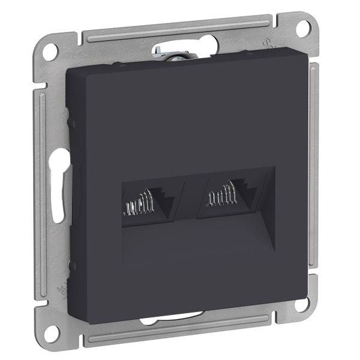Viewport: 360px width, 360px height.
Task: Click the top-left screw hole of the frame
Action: tap(51, 50)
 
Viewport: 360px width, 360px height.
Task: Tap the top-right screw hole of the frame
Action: tap(305, 26)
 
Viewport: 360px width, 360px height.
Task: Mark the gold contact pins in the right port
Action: tap(220, 197)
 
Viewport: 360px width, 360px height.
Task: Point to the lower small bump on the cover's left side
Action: tap(71, 264)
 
